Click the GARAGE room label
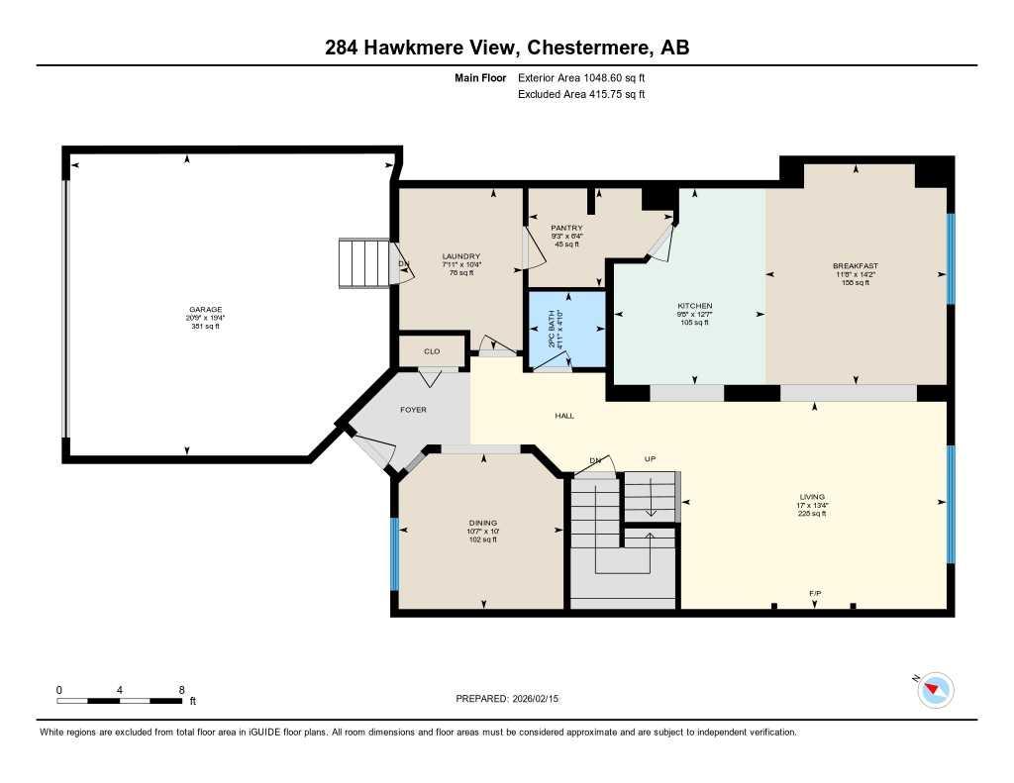(206, 309)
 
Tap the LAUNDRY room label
(461, 256)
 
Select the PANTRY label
(566, 228)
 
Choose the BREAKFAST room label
(856, 266)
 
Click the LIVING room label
(812, 497)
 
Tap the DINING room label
(483, 523)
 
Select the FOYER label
(413, 409)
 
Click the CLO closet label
(432, 351)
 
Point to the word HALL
(564, 417)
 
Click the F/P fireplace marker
(815, 593)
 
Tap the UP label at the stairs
(651, 459)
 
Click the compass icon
(935, 689)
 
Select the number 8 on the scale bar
(181, 689)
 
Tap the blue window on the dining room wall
(394, 553)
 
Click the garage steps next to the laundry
(365, 263)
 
